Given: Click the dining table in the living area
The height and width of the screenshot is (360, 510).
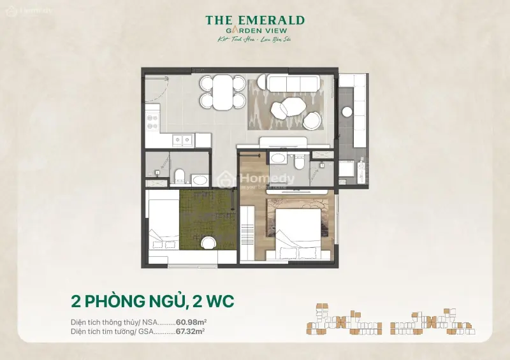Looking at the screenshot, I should (222, 92).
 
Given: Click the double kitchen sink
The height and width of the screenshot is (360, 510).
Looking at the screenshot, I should (184, 140).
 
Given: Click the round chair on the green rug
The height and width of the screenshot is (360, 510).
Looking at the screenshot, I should (208, 243).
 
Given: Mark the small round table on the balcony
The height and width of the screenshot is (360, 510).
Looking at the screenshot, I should (347, 112).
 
